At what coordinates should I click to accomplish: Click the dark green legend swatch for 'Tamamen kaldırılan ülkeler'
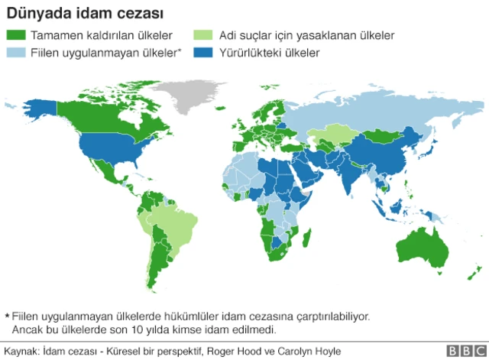[16, 35]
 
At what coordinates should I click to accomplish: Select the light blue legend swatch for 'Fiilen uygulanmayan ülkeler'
[16, 53]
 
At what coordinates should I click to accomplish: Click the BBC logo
[461, 350]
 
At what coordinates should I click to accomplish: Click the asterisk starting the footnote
[7, 314]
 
